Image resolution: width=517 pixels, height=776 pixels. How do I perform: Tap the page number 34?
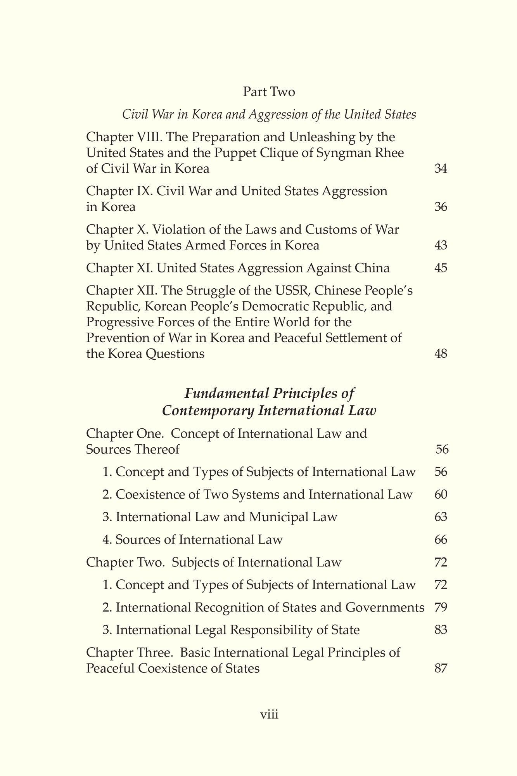[x=441, y=169]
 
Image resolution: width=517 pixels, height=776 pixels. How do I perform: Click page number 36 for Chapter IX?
[x=441, y=207]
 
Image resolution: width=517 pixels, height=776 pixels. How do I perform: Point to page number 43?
[x=441, y=245]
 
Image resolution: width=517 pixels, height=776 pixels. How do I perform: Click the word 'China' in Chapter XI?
[x=371, y=268]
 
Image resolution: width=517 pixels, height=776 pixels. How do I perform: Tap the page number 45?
[x=441, y=268]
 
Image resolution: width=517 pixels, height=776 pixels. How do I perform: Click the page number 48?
[x=441, y=353]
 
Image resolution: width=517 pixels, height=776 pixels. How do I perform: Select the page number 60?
[x=441, y=494]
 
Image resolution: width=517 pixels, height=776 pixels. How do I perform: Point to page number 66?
[x=441, y=540]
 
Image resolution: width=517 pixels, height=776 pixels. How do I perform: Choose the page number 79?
[x=441, y=607]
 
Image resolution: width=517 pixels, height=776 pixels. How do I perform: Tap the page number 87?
[x=441, y=669]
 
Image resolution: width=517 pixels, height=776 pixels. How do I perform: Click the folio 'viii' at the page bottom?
[x=269, y=714]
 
